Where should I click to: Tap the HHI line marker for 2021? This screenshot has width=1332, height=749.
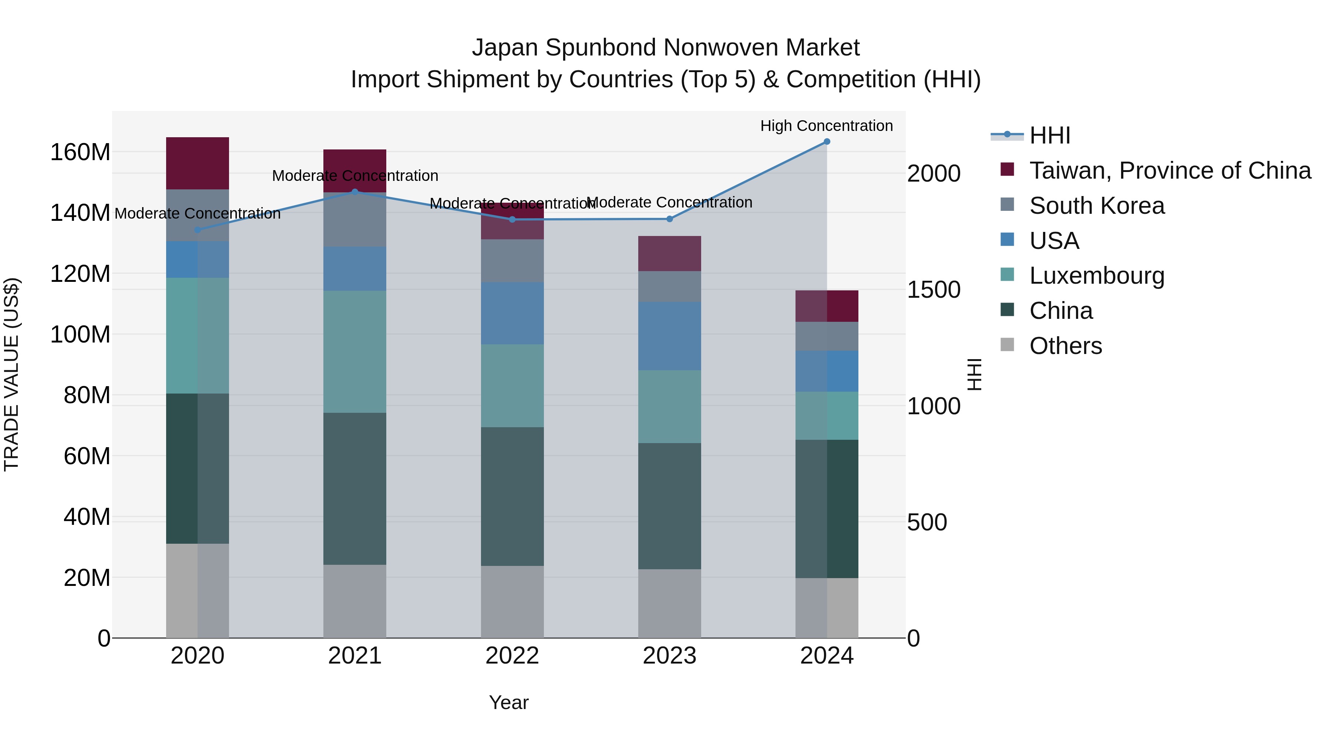pyautogui.click(x=355, y=192)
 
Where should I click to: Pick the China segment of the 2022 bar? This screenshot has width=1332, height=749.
pyautogui.click(x=512, y=496)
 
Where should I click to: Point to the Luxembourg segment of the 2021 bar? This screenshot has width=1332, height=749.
pyautogui.click(x=355, y=351)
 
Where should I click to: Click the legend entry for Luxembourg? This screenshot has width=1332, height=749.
pyautogui.click(x=1096, y=276)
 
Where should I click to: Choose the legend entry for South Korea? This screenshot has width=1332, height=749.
pyautogui.click(x=1096, y=206)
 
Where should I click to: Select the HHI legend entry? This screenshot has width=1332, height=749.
pyautogui.click(x=1050, y=135)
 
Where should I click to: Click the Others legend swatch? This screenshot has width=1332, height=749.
pyautogui.click(x=1007, y=345)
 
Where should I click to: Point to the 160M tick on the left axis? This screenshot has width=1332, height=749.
pyautogui.click(x=80, y=152)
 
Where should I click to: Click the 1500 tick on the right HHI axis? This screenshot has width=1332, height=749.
pyautogui.click(x=934, y=290)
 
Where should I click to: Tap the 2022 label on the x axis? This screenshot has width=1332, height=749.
pyautogui.click(x=512, y=656)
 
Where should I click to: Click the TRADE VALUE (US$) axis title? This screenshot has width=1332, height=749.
pyautogui.click(x=11, y=374)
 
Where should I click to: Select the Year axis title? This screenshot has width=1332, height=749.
pyautogui.click(x=509, y=702)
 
